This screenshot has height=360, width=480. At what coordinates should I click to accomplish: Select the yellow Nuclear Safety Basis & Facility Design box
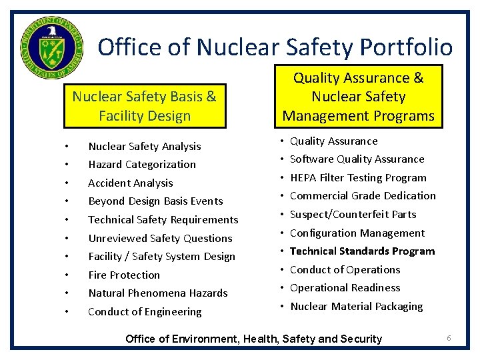tap(144, 106)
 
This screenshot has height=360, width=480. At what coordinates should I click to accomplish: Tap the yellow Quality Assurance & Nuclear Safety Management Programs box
tap(359, 97)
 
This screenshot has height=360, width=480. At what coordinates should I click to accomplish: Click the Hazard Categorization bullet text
tap(142, 165)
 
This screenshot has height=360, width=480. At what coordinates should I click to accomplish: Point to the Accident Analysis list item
tap(130, 183)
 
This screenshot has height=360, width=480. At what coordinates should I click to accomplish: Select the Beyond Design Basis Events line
tap(155, 201)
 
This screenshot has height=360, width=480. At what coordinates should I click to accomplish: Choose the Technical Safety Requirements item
tap(163, 220)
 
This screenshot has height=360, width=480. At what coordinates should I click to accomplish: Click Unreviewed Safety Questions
tap(160, 238)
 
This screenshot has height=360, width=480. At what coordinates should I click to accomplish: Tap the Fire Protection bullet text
tap(124, 275)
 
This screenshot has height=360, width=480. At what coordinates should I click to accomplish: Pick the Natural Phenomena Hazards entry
tap(157, 293)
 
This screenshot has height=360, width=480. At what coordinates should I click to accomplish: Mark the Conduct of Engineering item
tap(145, 312)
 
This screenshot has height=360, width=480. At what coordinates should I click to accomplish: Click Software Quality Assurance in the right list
tap(357, 159)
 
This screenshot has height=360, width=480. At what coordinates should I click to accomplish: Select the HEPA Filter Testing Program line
tap(358, 178)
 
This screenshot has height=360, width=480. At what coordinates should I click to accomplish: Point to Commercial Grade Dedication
tap(363, 196)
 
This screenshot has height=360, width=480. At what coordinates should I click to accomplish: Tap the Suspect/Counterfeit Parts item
tap(353, 215)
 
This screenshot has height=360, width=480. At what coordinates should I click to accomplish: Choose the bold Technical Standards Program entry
tap(362, 251)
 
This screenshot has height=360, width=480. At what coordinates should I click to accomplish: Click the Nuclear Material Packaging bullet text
tap(356, 307)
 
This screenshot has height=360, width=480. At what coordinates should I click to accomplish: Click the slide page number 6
tap(449, 338)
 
